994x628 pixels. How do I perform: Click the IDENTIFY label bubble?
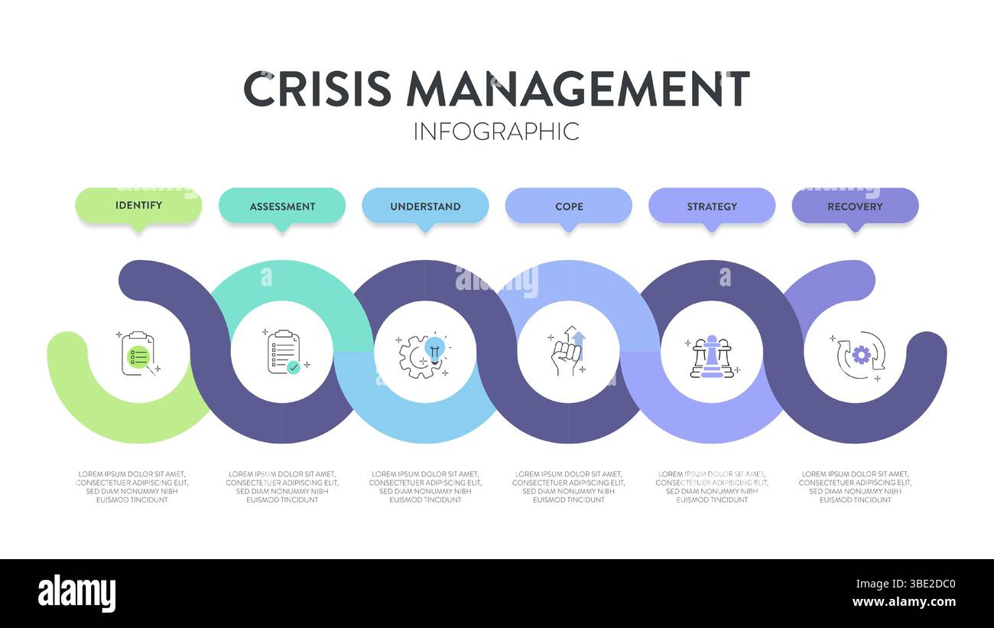[x=138, y=205]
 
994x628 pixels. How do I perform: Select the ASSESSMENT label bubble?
[x=282, y=206]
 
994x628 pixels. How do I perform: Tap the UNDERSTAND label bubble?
[x=425, y=206]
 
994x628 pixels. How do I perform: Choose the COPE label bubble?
[x=569, y=206]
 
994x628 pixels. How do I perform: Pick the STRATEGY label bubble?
[x=712, y=206]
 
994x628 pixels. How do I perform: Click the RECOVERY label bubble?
[x=855, y=206]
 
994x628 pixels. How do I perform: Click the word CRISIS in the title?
[x=317, y=89]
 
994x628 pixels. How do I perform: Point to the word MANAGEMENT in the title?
[x=578, y=89]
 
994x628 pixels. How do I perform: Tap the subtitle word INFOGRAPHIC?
[x=496, y=131]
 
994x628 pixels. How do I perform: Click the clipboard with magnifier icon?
[x=138, y=353]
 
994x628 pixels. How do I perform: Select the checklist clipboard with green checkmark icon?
[x=282, y=352]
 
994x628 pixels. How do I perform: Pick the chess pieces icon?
[x=711, y=356]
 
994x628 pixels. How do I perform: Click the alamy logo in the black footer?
[x=77, y=593]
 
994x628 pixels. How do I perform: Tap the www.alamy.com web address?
[x=905, y=602]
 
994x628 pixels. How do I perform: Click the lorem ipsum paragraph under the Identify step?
[x=132, y=486]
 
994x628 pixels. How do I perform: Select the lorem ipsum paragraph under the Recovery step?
[x=855, y=486]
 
